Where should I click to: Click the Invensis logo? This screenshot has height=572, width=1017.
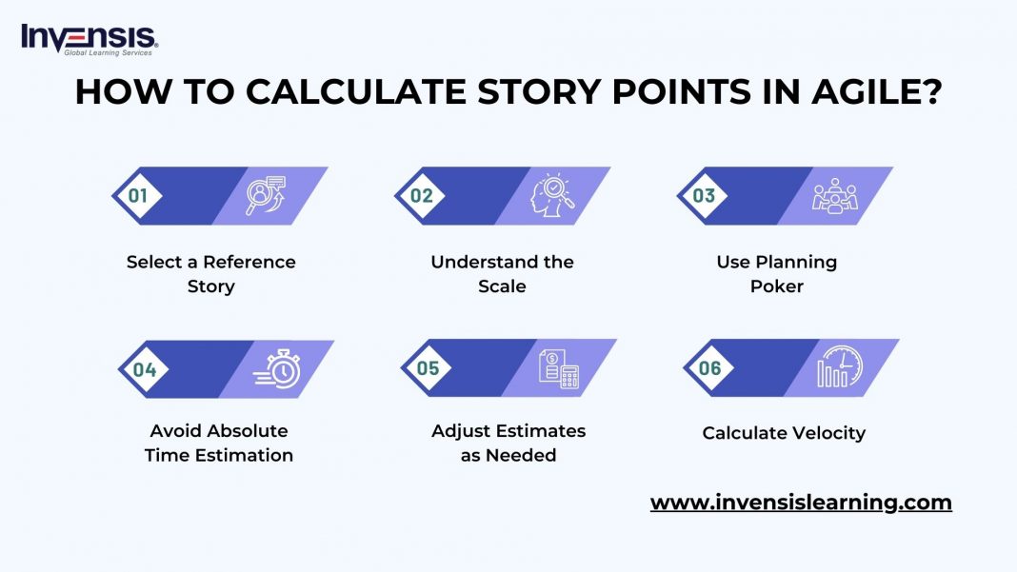pyautogui.click(x=90, y=38)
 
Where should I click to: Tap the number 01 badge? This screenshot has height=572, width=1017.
pyautogui.click(x=138, y=196)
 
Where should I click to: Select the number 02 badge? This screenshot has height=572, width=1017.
pyautogui.click(x=422, y=196)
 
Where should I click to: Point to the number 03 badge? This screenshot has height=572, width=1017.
pyautogui.click(x=704, y=196)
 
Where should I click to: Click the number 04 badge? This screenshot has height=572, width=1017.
pyautogui.click(x=144, y=369)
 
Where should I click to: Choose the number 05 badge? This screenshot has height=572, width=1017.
pyautogui.click(x=428, y=368)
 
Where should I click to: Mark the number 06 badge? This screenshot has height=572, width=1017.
pyautogui.click(x=710, y=367)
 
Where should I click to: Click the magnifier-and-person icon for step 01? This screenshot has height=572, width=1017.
pyautogui.click(x=265, y=195)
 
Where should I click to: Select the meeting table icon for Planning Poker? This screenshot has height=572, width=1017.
pyautogui.click(x=834, y=196)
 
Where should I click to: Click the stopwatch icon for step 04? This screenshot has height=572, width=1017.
pyautogui.click(x=277, y=369)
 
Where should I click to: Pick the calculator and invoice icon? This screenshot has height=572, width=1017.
pyautogui.click(x=559, y=368)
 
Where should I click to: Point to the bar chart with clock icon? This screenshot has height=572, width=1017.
pyautogui.click(x=839, y=367)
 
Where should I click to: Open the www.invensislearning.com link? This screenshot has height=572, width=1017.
pyautogui.click(x=801, y=503)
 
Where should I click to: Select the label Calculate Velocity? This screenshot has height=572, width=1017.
pyautogui.click(x=784, y=433)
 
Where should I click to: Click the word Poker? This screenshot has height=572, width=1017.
pyautogui.click(x=777, y=286)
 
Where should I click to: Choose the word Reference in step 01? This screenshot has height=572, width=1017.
pyautogui.click(x=249, y=262)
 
